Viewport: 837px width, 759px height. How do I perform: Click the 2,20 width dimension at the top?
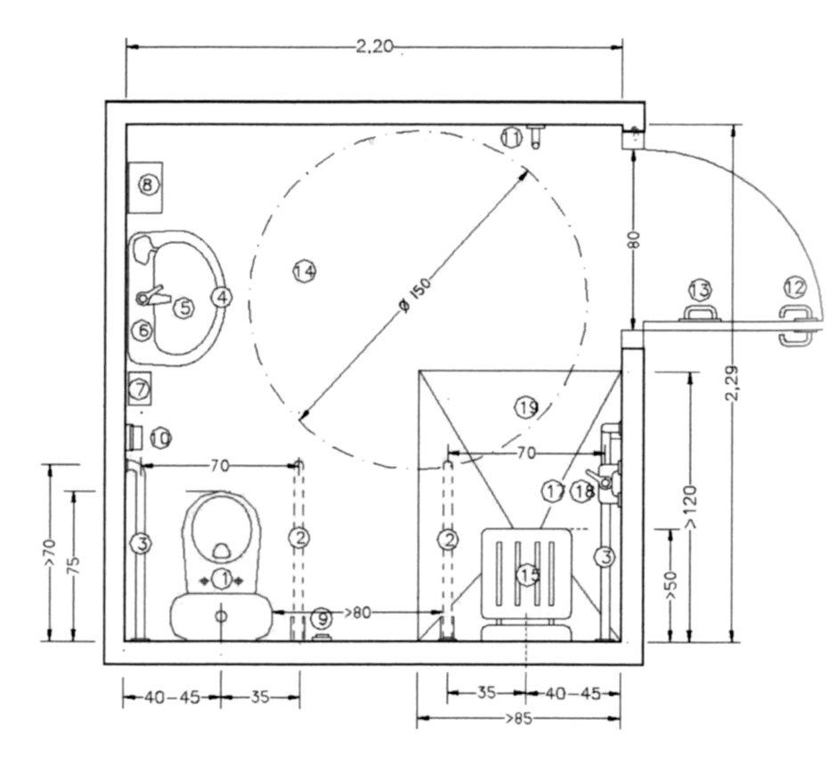coord(374,47)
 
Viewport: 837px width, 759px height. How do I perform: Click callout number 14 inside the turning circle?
coord(305,271)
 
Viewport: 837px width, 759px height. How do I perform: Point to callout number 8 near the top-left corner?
coord(148,185)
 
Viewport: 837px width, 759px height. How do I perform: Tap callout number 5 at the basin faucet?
coord(183,308)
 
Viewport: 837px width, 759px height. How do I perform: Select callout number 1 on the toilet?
coord(224,579)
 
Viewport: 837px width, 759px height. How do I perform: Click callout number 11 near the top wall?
coord(510,137)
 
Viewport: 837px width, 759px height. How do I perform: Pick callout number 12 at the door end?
coord(794,288)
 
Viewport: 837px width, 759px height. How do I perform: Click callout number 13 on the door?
coord(700,290)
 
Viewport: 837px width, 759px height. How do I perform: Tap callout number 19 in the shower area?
coord(527,407)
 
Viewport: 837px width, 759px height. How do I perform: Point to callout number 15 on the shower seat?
coord(530,576)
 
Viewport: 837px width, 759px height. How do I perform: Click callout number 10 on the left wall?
coord(160,437)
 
